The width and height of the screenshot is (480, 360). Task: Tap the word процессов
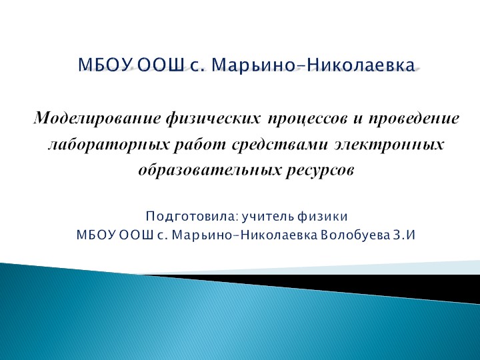point(307,120)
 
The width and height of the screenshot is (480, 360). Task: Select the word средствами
point(263,144)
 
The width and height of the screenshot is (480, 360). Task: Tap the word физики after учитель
point(324,217)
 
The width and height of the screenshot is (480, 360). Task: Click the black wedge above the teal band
point(373,279)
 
